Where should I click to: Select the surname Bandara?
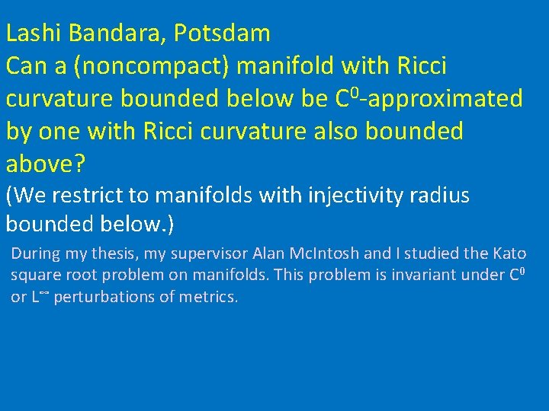point(112,33)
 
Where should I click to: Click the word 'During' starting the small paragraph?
point(34,253)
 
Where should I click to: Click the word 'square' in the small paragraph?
point(33,276)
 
